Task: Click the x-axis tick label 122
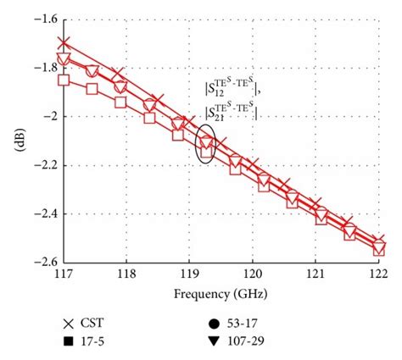pos(377,274)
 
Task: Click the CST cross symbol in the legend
pos(68,324)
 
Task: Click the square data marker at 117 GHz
pos(64,80)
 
